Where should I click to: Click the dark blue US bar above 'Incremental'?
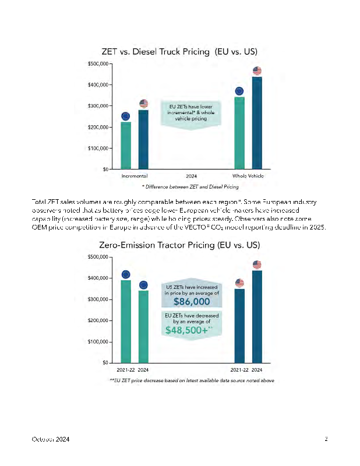click(x=143, y=140)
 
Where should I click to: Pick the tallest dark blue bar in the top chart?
click(x=257, y=123)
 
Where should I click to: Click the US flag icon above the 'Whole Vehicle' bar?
click(x=257, y=71)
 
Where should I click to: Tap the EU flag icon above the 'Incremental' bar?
click(x=126, y=116)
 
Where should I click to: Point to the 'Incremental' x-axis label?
click(x=134, y=176)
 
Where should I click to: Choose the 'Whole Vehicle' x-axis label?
click(x=248, y=176)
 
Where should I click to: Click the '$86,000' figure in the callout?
click(x=192, y=302)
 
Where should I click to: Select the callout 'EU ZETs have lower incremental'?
click(x=192, y=112)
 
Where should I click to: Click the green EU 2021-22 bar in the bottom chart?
click(x=126, y=322)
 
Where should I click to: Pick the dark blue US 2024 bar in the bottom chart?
click(x=257, y=316)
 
